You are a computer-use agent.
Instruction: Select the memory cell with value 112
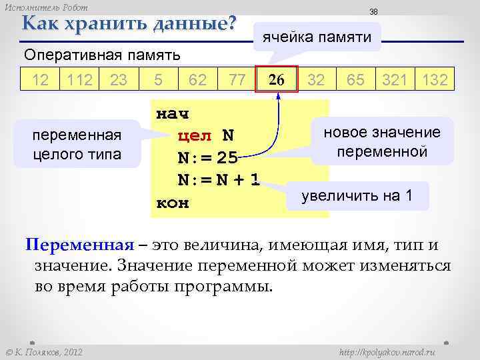click(79, 81)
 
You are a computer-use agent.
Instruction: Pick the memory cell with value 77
click(237, 81)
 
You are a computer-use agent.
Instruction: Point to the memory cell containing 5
click(158, 81)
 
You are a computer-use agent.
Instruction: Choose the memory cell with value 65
click(355, 81)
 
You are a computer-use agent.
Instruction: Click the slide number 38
click(374, 12)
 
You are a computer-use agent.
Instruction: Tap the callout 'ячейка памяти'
click(317, 37)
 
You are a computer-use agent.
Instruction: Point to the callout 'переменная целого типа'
click(77, 145)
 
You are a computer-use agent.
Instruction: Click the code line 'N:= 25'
click(207, 159)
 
